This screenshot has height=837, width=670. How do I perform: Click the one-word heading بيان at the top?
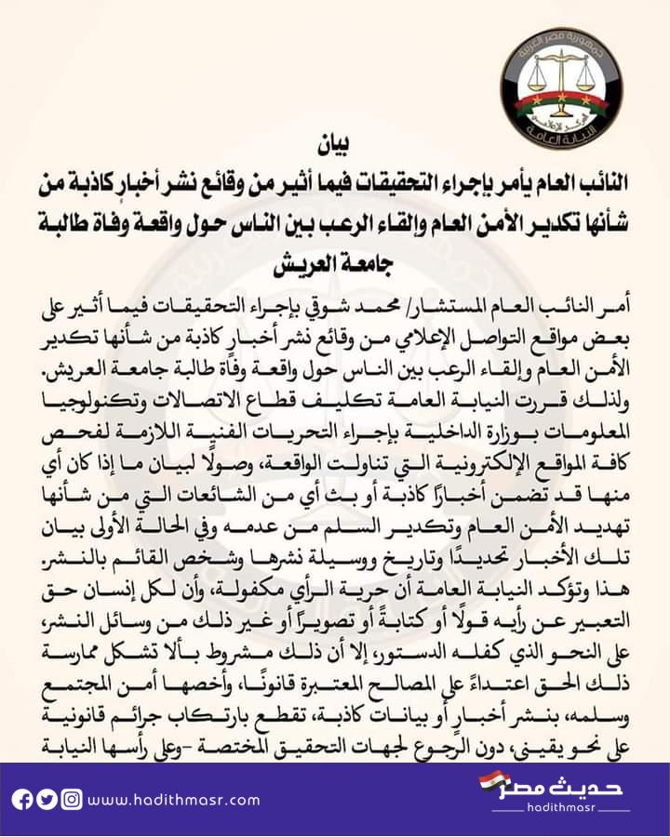tap(336, 146)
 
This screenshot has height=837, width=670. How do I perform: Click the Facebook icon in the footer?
tap(22, 800)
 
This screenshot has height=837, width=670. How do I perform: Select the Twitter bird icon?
tap(47, 800)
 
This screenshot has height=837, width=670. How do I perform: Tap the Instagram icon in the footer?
tap(71, 800)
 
